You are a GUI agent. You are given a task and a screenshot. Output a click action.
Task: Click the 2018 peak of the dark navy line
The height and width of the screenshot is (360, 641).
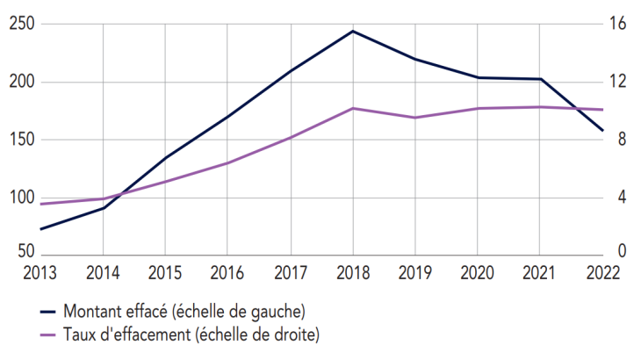[353, 32]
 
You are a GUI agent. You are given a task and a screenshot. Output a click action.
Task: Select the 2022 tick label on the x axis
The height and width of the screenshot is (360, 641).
[601, 272]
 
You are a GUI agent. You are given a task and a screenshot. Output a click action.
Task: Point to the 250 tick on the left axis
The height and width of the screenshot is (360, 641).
[21, 25]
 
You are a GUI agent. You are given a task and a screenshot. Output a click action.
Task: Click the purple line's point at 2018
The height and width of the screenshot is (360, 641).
[353, 108]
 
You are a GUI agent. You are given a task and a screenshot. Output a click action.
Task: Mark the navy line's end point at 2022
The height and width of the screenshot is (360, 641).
[601, 131]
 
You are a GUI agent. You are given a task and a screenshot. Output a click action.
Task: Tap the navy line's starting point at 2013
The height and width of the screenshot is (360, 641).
[40, 229]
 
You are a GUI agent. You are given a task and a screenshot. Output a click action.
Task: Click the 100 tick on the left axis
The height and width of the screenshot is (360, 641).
[21, 197]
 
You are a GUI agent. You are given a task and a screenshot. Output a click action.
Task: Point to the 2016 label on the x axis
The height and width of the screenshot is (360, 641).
[227, 272]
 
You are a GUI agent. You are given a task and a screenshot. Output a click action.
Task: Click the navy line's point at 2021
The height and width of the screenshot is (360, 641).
[540, 79]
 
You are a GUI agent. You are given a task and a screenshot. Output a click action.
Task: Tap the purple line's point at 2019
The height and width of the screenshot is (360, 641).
[415, 117]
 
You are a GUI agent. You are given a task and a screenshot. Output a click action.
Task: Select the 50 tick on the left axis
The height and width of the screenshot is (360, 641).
[25, 253]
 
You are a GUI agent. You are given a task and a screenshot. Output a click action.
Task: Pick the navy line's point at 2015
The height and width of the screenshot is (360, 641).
[165, 158]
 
